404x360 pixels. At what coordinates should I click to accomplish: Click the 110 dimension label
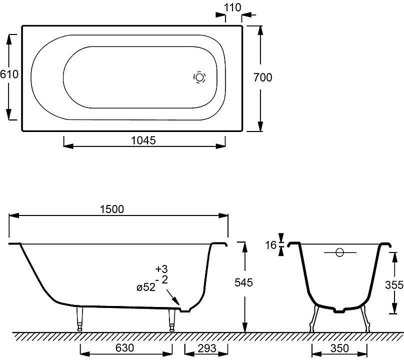coord(232,7)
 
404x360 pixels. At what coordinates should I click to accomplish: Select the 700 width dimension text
coord(262,77)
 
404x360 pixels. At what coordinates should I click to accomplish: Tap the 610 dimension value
coord(9,74)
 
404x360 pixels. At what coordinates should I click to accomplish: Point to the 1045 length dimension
coord(143,140)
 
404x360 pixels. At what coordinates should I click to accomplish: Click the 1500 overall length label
coord(112,209)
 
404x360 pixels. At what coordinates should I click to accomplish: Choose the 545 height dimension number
coord(243,282)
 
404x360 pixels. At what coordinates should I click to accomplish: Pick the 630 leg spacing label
coord(124,348)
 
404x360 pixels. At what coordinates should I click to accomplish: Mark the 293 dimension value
coord(207,348)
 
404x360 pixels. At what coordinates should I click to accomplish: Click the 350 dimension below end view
coord(339,348)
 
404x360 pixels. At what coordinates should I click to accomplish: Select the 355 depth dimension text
coord(394,285)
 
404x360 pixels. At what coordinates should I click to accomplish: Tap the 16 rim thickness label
coord(271,245)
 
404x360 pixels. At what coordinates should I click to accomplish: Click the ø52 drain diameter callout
coord(146,287)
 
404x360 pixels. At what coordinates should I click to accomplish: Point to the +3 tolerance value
coord(161,269)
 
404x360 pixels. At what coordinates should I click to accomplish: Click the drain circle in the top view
coord(199,77)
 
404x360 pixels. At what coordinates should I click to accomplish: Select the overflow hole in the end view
coord(339,253)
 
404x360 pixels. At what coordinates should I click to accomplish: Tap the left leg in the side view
coord(79,318)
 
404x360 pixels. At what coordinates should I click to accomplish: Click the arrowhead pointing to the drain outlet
coord(176,302)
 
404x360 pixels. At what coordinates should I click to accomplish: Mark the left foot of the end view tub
coord(314,318)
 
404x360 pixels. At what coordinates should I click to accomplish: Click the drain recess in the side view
coord(185,309)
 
